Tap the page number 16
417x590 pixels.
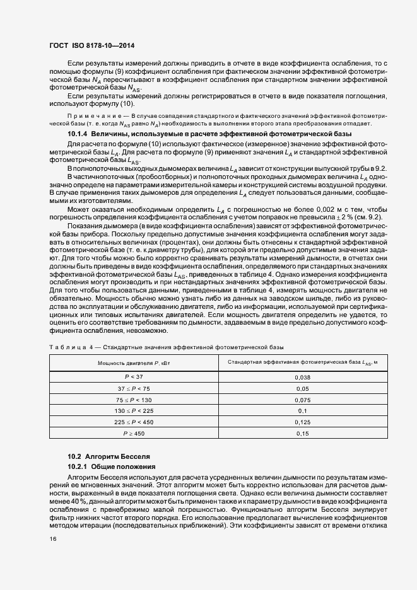[52, 539]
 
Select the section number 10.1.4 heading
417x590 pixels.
[79, 153]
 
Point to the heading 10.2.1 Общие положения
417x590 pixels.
[112, 466]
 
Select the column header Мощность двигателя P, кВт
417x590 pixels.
[129, 363]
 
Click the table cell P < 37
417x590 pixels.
[129, 377]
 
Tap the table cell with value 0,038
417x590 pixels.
[302, 377]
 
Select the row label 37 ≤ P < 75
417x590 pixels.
[129, 388]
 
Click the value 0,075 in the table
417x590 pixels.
[302, 400]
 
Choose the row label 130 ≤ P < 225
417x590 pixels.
[129, 411]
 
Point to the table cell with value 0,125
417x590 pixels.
[302, 422]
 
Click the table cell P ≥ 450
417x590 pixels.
[129, 434]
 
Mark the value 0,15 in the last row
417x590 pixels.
[302, 434]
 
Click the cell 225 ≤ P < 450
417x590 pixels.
[129, 422]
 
